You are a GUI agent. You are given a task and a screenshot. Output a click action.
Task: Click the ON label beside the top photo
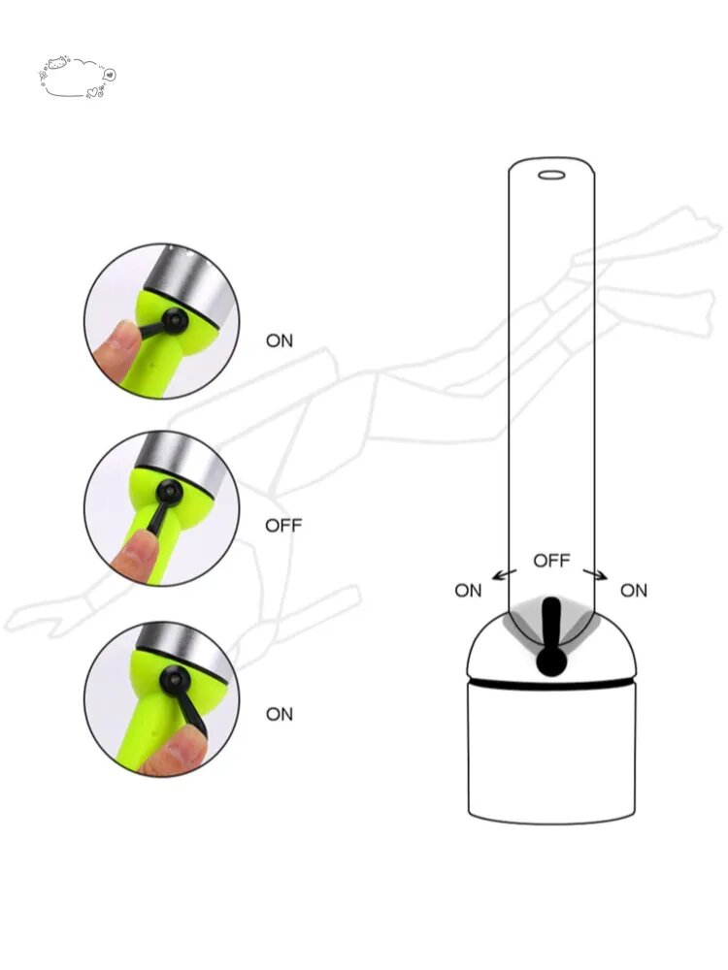tap(280, 340)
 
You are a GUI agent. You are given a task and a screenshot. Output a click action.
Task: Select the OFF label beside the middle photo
tap(283, 526)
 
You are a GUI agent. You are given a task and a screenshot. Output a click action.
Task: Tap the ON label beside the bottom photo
tap(280, 715)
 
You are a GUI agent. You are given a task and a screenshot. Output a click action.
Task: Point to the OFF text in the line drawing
tap(551, 561)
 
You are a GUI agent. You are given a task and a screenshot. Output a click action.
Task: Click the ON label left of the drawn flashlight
tap(468, 591)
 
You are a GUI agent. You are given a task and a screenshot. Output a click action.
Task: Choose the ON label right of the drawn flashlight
tap(634, 591)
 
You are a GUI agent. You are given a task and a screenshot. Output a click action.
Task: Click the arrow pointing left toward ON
tap(504, 574)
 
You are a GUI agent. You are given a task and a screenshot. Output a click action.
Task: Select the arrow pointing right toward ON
tap(596, 574)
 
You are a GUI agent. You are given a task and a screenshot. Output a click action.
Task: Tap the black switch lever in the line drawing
tap(551, 636)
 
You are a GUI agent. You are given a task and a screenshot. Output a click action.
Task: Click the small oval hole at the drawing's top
tap(551, 176)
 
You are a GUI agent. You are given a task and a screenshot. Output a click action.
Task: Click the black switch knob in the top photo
tap(174, 320)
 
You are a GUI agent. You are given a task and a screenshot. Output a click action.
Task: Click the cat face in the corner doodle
tap(58, 62)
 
